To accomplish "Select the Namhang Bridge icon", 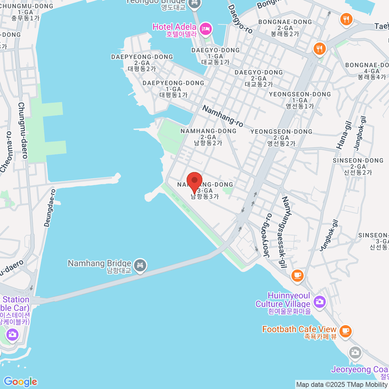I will pos(140,265).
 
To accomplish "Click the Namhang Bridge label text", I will pos(100,266).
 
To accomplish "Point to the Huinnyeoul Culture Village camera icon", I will pos(319,302).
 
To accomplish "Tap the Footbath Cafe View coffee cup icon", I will pos(345,331).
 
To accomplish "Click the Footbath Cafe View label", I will pos(299,332).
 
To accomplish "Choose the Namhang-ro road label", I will pos(223,116).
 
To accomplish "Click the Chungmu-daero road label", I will pos(22,130).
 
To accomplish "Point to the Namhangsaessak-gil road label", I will pos(285,232).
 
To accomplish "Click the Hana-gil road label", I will pos(344,135).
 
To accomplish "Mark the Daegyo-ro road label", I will pos(240,19).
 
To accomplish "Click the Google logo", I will pos(20,382).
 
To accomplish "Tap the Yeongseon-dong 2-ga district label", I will pos(281,137).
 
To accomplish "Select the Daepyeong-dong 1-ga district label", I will pos(173,89).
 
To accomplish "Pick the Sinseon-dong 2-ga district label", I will pos(358,166).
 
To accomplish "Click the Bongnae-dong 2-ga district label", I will pos(285,28).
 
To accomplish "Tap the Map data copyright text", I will pos(342,385).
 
